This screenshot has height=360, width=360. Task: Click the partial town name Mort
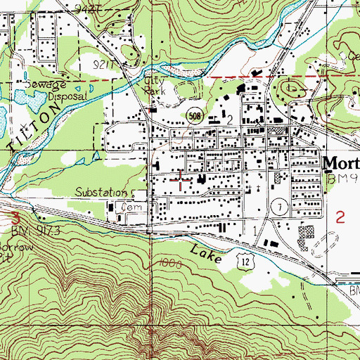pyautogui.click(x=341, y=162)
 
